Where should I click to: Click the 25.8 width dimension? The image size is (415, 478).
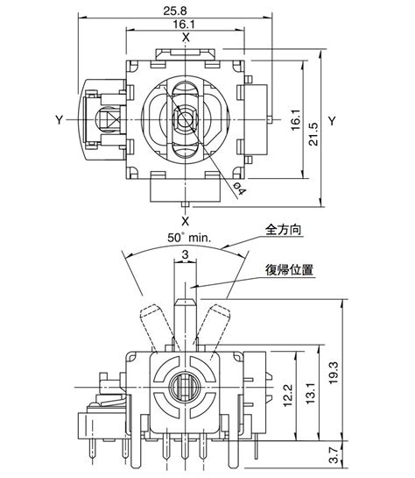(x=175, y=11)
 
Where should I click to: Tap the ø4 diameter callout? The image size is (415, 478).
(x=240, y=189)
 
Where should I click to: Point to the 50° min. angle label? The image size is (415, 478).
(x=189, y=238)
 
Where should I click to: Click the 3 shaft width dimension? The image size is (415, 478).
(x=185, y=254)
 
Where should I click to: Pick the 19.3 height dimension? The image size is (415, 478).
(x=334, y=373)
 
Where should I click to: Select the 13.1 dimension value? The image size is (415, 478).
(x=310, y=394)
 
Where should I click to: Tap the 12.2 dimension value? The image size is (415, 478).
(x=288, y=396)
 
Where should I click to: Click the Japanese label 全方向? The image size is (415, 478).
(x=284, y=230)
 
